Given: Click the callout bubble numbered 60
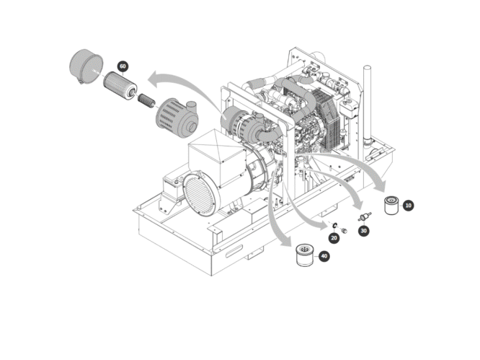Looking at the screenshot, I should pos(123,66).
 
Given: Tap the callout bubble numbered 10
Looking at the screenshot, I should pos(409,206).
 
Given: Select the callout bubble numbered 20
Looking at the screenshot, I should pos(334,237).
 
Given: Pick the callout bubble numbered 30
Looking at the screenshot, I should pos(363,231).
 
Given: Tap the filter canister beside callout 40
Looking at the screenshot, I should pos(306,255).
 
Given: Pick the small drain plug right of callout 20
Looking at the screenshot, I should pos(344,230).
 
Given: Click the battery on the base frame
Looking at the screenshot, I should pos(172,190).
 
